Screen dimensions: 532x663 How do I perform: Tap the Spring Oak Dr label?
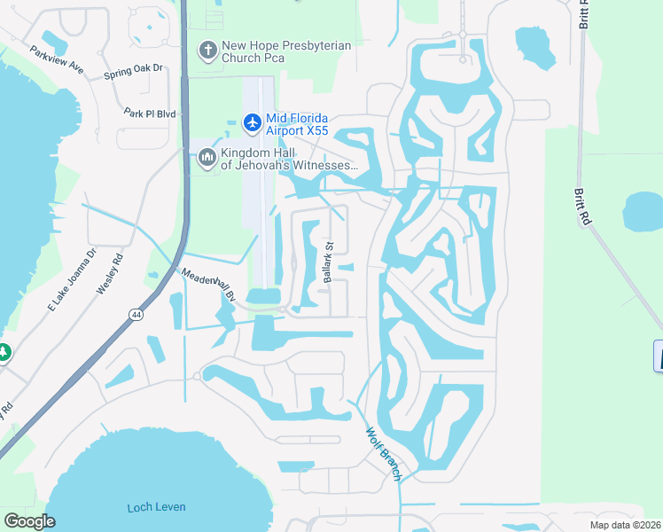(x=134, y=68)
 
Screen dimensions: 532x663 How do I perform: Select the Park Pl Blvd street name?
(x=152, y=113)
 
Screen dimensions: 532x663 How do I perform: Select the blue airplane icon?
(x=253, y=121)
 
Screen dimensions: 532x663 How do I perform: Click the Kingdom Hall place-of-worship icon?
(x=207, y=158)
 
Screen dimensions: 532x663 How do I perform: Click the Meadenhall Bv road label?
(x=209, y=286)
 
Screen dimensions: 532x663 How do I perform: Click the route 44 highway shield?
(x=134, y=314)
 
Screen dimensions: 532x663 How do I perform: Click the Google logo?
(x=29, y=521)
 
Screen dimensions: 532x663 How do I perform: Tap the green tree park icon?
(x=3, y=352)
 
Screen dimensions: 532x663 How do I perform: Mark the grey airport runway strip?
(x=263, y=177)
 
